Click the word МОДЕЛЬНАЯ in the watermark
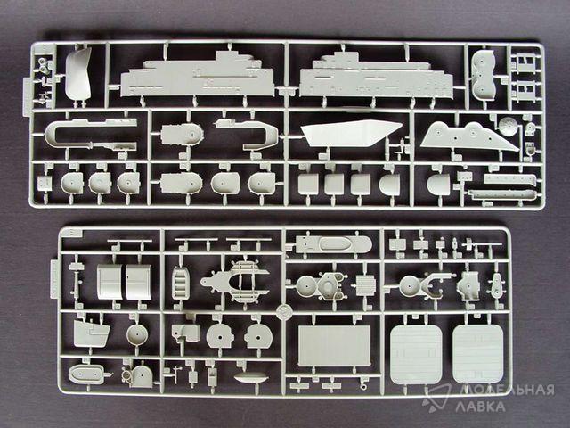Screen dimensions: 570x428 click(x=505, y=390)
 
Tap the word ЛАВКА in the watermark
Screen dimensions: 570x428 click(x=480, y=407)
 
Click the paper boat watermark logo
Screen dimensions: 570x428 click(x=436, y=398)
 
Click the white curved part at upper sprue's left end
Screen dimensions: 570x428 click(x=78, y=75)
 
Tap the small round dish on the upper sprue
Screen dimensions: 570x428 click(x=508, y=126)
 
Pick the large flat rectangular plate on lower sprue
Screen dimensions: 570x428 click(x=335, y=346)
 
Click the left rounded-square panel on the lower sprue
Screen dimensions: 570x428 click(x=416, y=354)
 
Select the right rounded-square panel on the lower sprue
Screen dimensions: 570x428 click(x=478, y=354)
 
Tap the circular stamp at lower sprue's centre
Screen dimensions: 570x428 click(x=283, y=311)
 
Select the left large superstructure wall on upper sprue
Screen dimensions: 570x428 click(x=198, y=75)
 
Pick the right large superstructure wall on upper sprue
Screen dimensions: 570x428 click(x=376, y=75)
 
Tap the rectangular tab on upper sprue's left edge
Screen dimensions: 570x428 click(x=27, y=96)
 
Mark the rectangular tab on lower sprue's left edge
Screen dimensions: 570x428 click(x=53, y=278)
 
